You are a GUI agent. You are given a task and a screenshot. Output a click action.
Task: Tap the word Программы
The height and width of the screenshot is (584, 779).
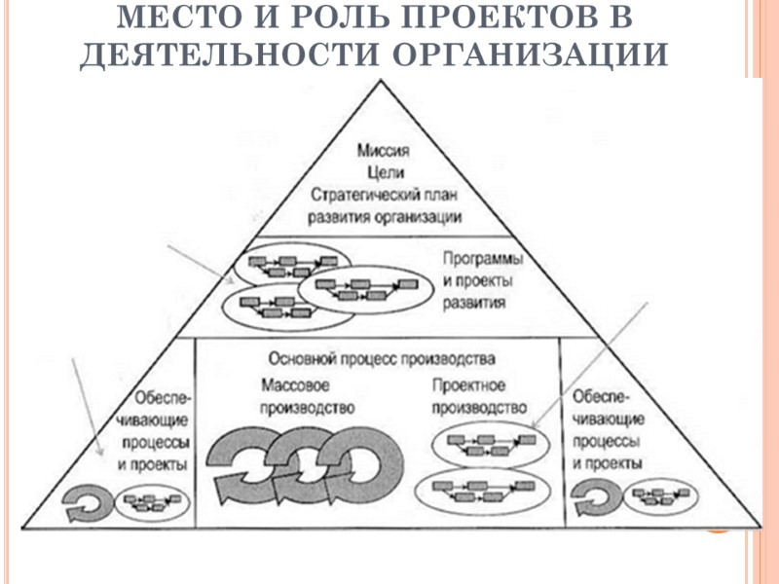tap(482, 261)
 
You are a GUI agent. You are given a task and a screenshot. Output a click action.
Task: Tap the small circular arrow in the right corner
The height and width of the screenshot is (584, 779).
tap(594, 501)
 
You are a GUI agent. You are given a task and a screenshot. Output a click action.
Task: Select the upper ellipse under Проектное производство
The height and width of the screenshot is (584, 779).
tap(484, 444)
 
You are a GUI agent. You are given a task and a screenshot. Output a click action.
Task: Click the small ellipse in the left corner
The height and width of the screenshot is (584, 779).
tap(150, 503)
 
